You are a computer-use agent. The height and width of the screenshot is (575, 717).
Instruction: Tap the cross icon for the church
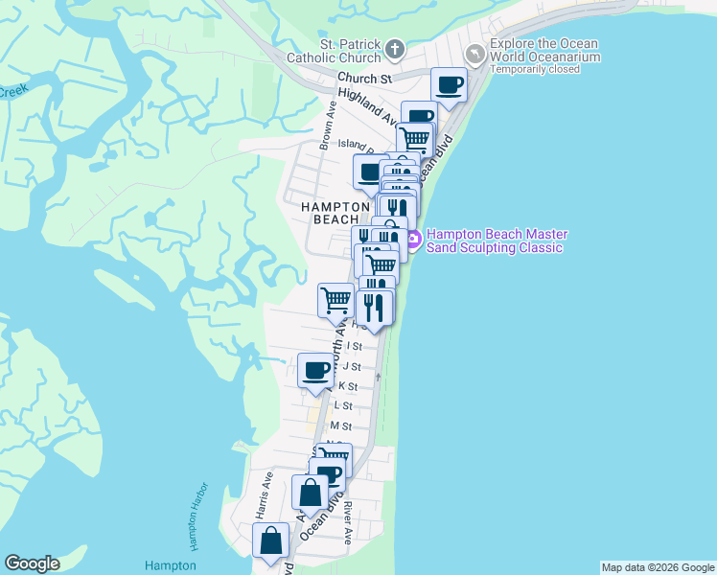pyautogui.click(x=393, y=49)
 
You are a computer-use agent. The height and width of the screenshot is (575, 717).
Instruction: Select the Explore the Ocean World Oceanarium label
pyautogui.click(x=544, y=50)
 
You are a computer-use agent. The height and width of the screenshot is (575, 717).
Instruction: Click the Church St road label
pyautogui.click(x=365, y=79)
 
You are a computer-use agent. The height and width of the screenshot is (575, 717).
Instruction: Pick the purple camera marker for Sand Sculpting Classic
pyautogui.click(x=413, y=241)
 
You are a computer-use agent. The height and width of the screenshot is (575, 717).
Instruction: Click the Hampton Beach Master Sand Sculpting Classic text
pyautogui.click(x=497, y=241)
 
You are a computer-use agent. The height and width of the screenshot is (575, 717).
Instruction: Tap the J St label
pyautogui.click(x=352, y=366)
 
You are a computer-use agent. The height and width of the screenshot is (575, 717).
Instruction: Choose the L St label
pyautogui.click(x=342, y=406)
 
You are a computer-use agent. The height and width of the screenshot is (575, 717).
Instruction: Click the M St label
pyautogui.click(x=341, y=425)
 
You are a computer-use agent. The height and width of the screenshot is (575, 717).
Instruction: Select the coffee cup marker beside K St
pyautogui.click(x=315, y=370)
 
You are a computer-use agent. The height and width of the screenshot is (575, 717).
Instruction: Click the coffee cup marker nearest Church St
pyautogui.click(x=449, y=84)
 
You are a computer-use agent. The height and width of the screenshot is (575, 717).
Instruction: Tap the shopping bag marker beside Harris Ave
pyautogui.click(x=271, y=540)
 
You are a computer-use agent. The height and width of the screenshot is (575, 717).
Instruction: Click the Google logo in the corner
pyautogui.click(x=32, y=563)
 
